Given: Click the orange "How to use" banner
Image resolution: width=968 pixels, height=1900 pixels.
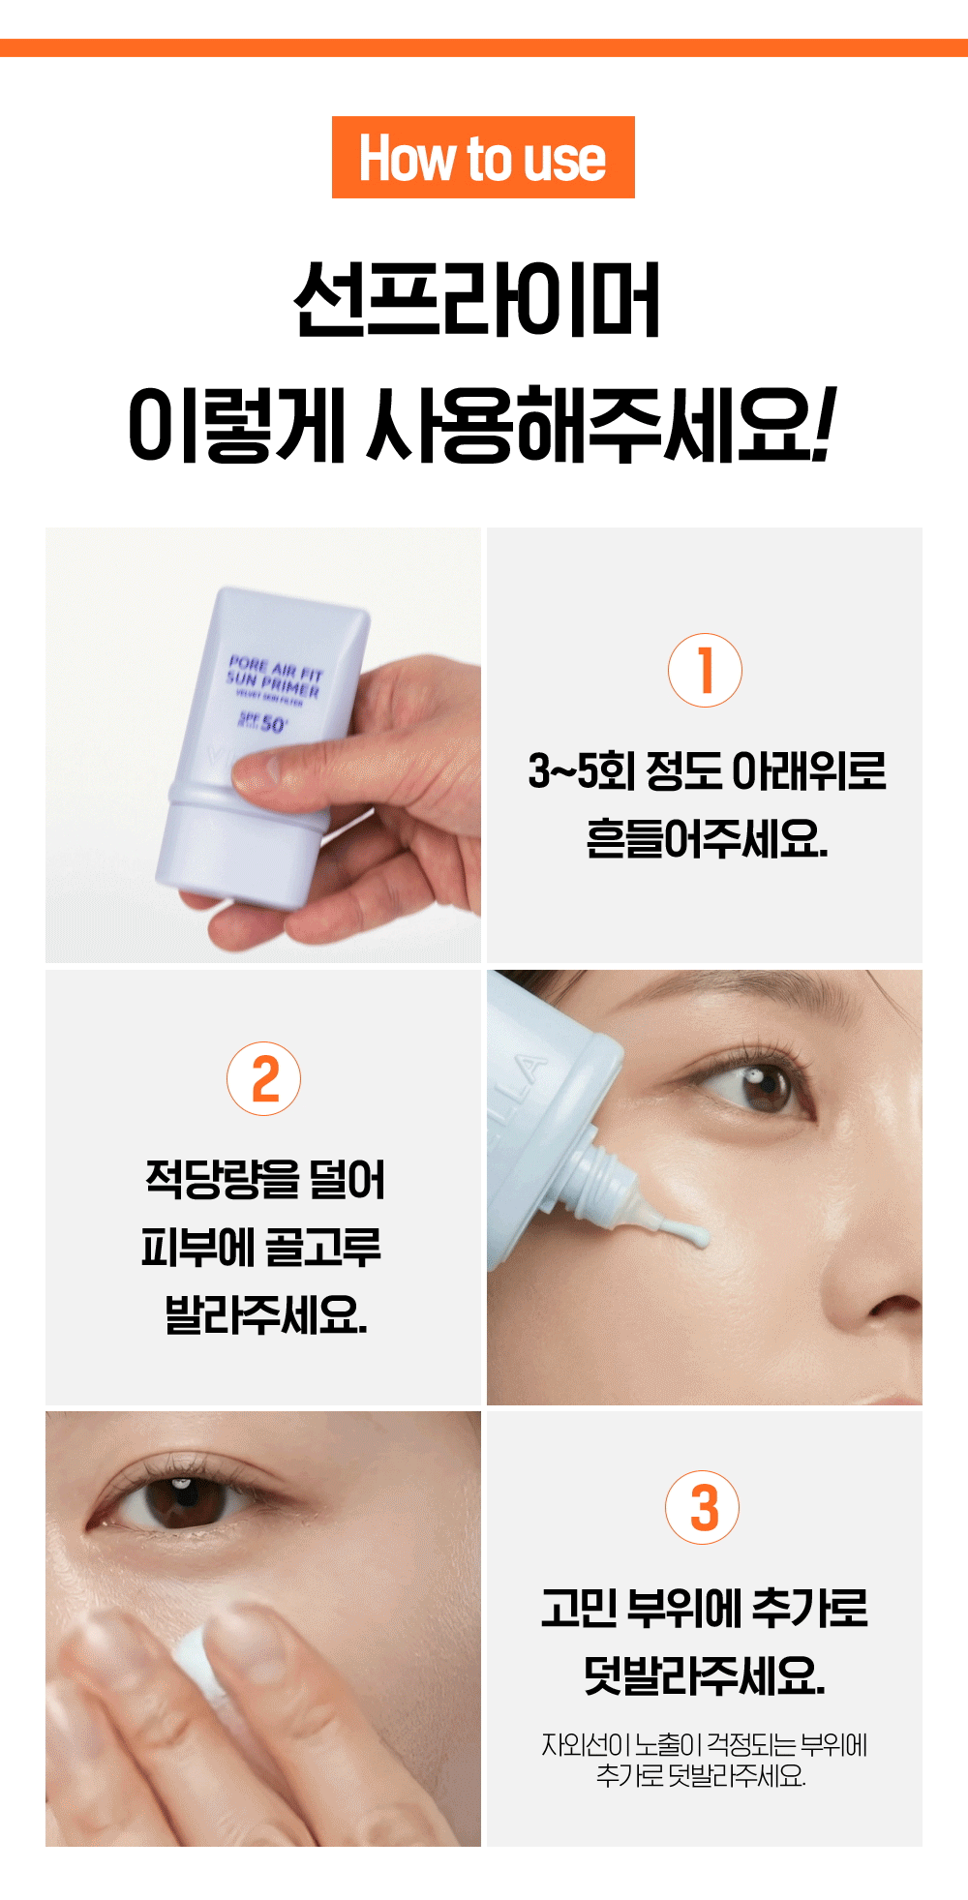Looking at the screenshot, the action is pyautogui.click(x=483, y=158).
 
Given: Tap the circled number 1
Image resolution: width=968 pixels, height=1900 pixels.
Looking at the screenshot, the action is pyautogui.click(x=705, y=670).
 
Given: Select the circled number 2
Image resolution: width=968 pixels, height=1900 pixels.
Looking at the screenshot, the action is pyautogui.click(x=263, y=1078).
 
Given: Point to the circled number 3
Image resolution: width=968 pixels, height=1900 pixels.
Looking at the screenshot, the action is pyautogui.click(x=702, y=1507).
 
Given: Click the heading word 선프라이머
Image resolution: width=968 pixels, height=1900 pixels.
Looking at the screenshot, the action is pyautogui.click(x=477, y=299).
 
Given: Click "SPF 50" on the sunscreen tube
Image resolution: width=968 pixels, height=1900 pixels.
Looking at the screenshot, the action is pyautogui.click(x=263, y=722).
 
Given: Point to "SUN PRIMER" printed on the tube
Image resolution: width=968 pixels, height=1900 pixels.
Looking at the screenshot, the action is pyautogui.click(x=273, y=684).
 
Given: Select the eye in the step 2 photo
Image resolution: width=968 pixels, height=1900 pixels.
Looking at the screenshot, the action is pyautogui.click(x=755, y=1084).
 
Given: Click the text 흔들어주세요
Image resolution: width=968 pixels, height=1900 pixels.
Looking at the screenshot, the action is pyautogui.click(x=707, y=838).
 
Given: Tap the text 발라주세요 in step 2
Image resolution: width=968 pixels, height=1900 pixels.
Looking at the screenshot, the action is pyautogui.click(x=265, y=1314).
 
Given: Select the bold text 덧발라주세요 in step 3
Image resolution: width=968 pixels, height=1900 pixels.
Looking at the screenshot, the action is pyautogui.click(x=704, y=1675).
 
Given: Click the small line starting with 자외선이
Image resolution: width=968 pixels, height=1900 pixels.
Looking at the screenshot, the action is pyautogui.click(x=704, y=1744).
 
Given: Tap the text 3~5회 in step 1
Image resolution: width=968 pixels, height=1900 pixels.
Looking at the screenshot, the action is pyautogui.click(x=581, y=770).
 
